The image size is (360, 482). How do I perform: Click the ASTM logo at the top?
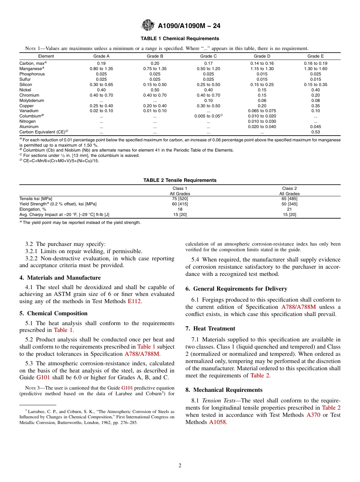tap(147, 25)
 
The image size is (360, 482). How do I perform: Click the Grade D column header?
tap(262, 56)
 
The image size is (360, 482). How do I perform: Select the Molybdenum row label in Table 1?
tap(31, 100)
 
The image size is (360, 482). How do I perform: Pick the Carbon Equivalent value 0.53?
tap(315, 132)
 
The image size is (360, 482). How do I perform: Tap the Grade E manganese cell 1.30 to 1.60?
tap(315, 69)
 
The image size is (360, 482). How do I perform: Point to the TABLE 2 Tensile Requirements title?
tap(180, 180)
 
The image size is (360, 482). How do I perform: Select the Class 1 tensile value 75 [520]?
tap(180, 199)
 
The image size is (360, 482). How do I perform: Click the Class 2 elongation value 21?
tap(289, 209)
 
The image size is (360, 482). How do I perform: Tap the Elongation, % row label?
tap(33, 209)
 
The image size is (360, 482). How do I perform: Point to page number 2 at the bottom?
tap(180, 466)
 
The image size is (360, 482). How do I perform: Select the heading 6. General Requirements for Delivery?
tap(236, 289)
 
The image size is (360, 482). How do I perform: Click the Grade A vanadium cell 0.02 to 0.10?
tap(101, 111)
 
